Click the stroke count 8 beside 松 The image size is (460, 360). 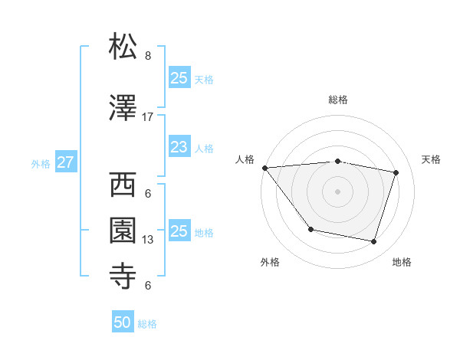[148, 56]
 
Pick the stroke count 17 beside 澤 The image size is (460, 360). [148, 117]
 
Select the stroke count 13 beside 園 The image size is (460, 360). [148, 240]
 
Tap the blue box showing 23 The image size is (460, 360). [179, 147]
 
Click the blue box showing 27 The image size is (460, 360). [66, 162]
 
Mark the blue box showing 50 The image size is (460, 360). [123, 323]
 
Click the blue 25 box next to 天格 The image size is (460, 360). [179, 77]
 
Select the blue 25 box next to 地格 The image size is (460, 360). [179, 231]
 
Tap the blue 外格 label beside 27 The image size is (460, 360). [41, 163]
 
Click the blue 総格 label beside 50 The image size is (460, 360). [147, 324]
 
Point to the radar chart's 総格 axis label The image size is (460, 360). [338, 100]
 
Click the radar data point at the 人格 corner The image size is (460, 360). [264, 168]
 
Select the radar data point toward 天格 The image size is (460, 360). [396, 173]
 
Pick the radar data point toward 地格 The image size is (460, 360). [373, 242]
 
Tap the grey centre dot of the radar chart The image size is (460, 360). [338, 191]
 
